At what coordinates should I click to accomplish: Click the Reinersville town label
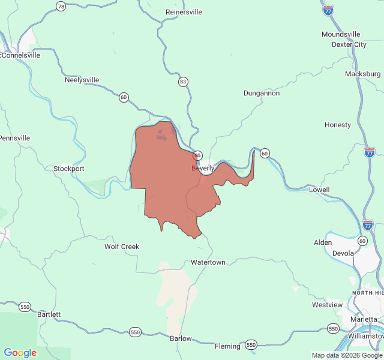(184, 12)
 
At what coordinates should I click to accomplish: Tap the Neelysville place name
(82, 80)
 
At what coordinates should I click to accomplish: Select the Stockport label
(69, 169)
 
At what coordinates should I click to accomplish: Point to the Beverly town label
(203, 169)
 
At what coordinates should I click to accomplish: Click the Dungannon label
(261, 93)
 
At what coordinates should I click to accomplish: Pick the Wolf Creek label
(122, 247)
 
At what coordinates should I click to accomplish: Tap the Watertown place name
(208, 263)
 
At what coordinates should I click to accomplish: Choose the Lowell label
(319, 190)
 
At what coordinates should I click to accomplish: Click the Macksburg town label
(362, 74)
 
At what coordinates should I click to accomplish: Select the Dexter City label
(349, 44)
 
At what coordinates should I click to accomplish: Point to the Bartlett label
(49, 314)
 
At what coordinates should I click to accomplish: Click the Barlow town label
(181, 338)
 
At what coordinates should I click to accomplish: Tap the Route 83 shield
(183, 81)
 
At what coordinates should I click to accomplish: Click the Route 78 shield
(61, 6)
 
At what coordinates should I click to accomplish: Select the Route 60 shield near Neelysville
(124, 97)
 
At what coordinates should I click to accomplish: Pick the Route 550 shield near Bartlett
(25, 307)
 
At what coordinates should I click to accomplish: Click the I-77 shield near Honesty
(370, 152)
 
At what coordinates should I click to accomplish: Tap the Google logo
(20, 353)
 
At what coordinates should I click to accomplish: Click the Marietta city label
(364, 319)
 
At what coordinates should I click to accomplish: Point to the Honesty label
(337, 125)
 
